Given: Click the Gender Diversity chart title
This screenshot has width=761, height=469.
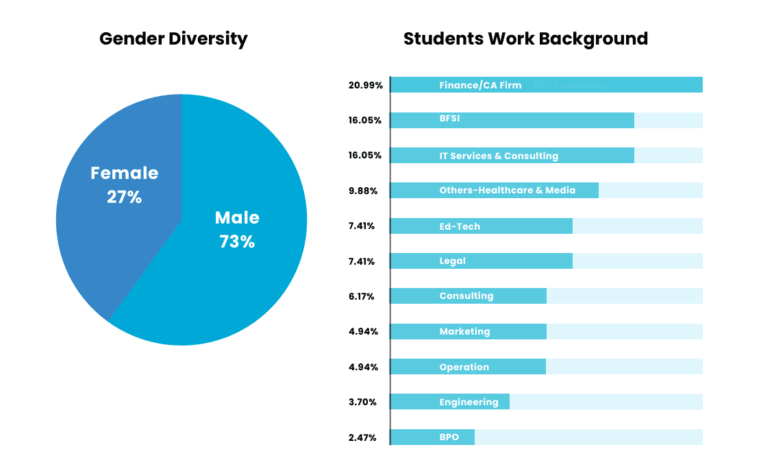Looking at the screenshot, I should [x=173, y=38].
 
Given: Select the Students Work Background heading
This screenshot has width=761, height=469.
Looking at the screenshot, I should [x=525, y=38].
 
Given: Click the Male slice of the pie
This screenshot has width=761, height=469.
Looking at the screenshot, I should [x=226, y=274].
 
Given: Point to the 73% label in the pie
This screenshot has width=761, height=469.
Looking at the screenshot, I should [x=237, y=242].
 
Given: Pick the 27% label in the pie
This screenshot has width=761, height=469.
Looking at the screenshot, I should [x=124, y=197].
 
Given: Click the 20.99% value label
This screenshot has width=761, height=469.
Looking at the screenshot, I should [x=364, y=85].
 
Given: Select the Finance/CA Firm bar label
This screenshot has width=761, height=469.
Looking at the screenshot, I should [x=480, y=86].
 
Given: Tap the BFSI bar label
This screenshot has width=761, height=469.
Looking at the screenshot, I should [x=449, y=119].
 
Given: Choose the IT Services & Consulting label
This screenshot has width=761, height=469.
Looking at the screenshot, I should [x=499, y=156].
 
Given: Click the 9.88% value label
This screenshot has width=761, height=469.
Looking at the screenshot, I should [x=363, y=191].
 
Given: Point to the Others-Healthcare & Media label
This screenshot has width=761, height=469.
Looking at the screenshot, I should [x=507, y=190].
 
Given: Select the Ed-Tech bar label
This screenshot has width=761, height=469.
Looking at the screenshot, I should [x=460, y=226].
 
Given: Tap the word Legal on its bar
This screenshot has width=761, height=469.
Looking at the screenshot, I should [x=452, y=261].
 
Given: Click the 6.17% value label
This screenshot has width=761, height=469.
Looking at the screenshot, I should [x=362, y=296].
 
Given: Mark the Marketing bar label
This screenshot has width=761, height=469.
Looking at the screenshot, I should [x=464, y=332].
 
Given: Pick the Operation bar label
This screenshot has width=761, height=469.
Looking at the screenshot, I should [x=464, y=367].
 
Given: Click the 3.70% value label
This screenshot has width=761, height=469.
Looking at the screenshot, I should [x=362, y=402].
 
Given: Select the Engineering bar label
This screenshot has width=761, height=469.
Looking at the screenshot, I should [x=469, y=402].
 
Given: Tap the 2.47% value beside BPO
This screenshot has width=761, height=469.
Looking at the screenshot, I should [x=362, y=437].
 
